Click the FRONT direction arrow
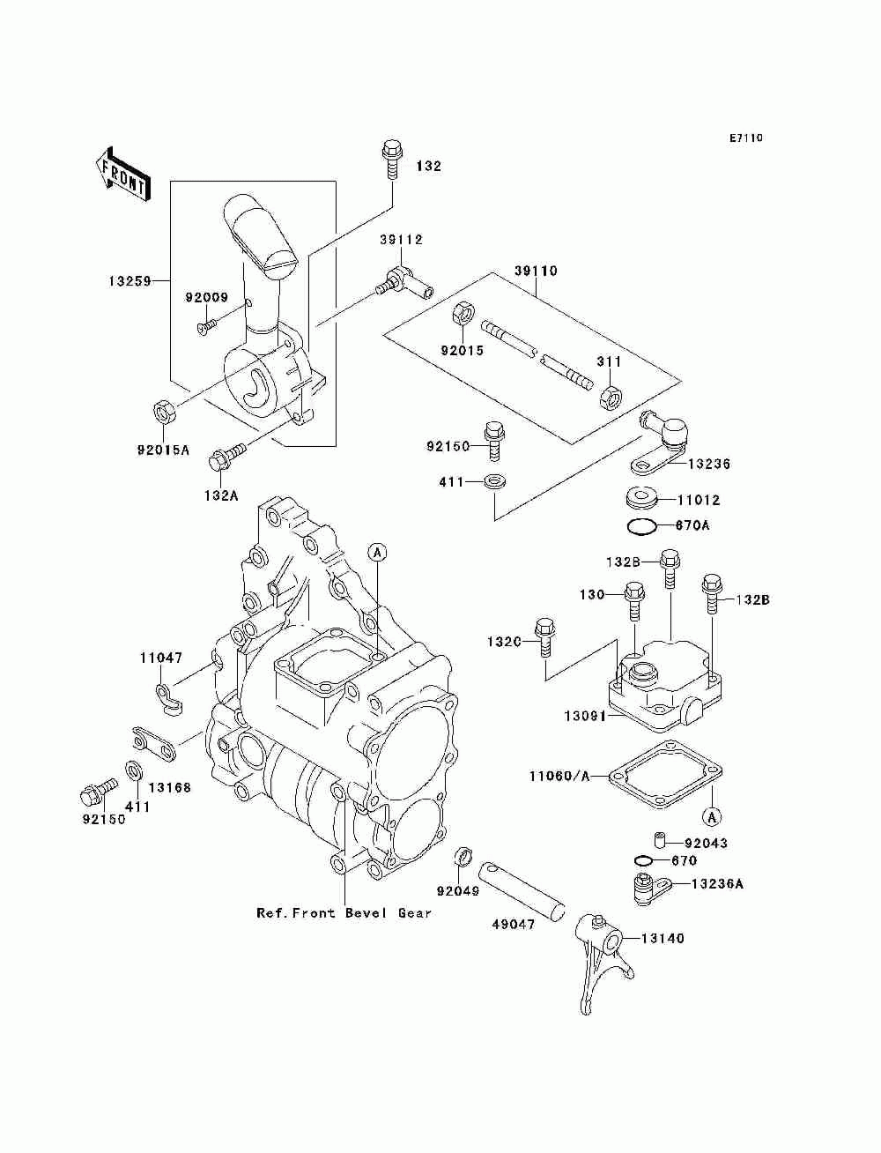pos(123,174)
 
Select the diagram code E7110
pos(745,138)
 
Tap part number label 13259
pos(130,281)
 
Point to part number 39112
pos(402,240)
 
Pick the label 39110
pos(536,271)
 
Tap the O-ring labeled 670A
pos(641,525)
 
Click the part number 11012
pos(699,500)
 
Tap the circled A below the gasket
pos(712,831)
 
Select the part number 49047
pos(513,924)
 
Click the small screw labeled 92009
pos(207,325)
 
